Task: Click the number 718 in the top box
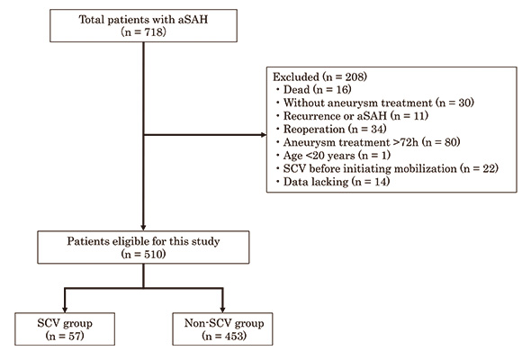click(154, 32)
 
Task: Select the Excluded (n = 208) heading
click(320, 76)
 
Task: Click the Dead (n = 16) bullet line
click(318, 89)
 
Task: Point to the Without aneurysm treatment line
click(379, 103)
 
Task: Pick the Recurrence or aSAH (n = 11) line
click(355, 116)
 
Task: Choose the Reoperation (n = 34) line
click(335, 129)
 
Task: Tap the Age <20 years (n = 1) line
click(337, 156)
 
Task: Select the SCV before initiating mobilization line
click(391, 168)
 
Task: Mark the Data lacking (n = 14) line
click(337, 182)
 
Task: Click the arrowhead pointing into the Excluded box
click(264, 135)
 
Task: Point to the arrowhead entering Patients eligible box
click(143, 228)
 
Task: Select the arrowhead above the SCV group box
click(65, 310)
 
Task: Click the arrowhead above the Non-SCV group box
click(222, 310)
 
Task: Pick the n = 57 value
click(65, 336)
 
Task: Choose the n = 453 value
click(224, 336)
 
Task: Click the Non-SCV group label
click(224, 323)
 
